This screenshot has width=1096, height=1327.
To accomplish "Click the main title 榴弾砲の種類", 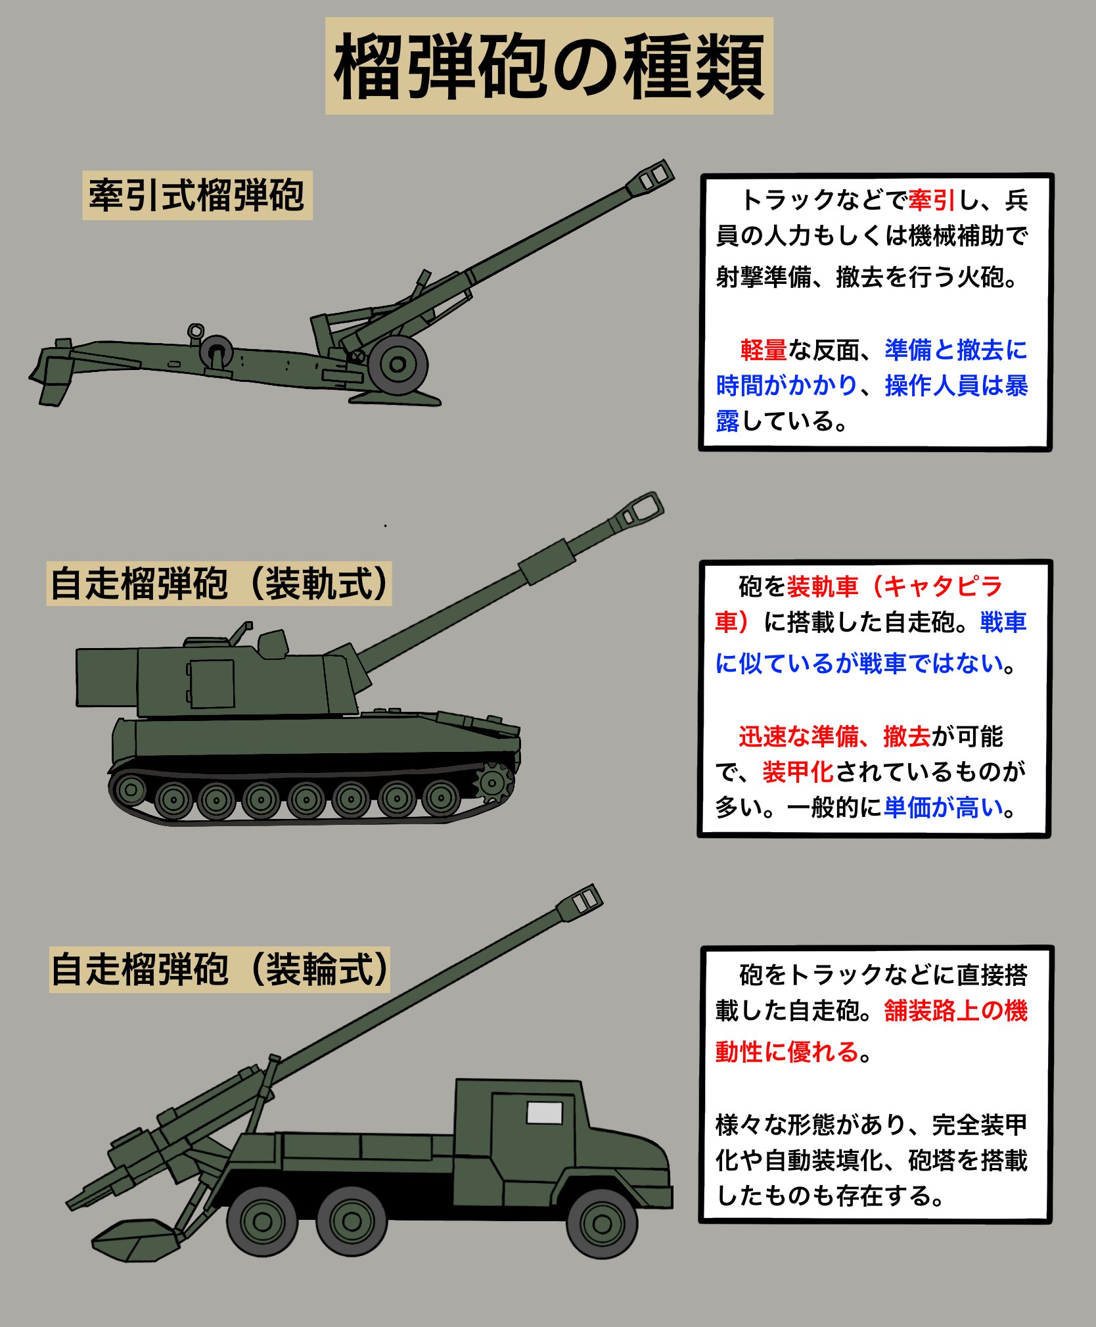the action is [549, 66].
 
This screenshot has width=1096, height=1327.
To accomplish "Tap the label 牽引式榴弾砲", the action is [197, 195].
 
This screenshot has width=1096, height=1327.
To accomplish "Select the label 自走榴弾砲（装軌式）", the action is [219, 584].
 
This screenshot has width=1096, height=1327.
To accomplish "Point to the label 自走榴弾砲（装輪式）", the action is [219, 969].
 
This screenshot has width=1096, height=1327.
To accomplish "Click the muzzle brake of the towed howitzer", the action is [650, 177].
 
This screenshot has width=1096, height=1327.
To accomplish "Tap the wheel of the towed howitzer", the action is [398, 364].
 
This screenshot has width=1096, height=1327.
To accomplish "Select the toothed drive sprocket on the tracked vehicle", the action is [493, 783].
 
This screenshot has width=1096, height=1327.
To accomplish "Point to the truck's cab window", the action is [544, 1113].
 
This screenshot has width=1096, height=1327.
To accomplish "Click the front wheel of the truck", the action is [602, 1224].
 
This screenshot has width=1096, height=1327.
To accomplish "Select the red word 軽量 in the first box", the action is [763, 350].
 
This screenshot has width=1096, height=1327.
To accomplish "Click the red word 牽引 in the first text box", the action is [932, 200].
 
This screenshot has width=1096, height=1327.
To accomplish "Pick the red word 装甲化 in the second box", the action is [798, 772].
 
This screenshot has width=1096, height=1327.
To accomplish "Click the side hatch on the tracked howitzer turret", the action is [212, 684].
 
